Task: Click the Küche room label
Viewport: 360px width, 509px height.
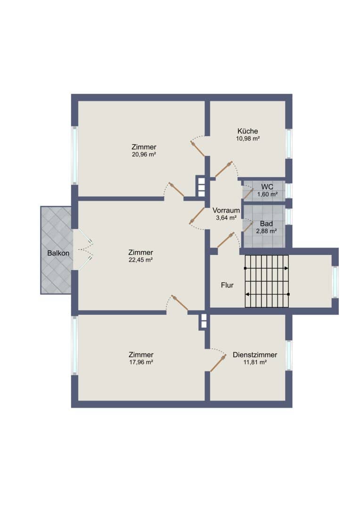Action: (x=248, y=131)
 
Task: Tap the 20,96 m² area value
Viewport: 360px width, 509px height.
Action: (x=144, y=155)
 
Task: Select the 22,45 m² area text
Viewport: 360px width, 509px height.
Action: (x=140, y=260)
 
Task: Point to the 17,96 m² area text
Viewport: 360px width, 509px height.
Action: (x=141, y=362)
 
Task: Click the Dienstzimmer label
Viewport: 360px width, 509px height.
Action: (x=255, y=355)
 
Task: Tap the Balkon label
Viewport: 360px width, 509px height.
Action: (x=58, y=253)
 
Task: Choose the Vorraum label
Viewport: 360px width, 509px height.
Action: (x=226, y=210)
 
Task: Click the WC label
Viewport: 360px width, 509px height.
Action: (x=267, y=187)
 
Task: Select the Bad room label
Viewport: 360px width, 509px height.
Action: (x=266, y=224)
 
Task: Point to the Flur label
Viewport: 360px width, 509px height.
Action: (x=227, y=285)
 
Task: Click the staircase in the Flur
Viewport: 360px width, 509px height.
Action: (x=267, y=281)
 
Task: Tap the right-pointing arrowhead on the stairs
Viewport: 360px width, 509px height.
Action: (x=286, y=268)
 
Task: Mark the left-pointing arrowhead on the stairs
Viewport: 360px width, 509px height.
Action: (x=247, y=295)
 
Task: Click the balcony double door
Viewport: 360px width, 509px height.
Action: (x=83, y=250)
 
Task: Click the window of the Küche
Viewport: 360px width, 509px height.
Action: (x=288, y=144)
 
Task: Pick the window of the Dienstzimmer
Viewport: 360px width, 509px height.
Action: (x=288, y=355)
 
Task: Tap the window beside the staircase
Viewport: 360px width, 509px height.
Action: (x=335, y=282)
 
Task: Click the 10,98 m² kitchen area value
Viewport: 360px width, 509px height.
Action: (x=248, y=139)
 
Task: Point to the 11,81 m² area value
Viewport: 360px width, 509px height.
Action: (x=255, y=362)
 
